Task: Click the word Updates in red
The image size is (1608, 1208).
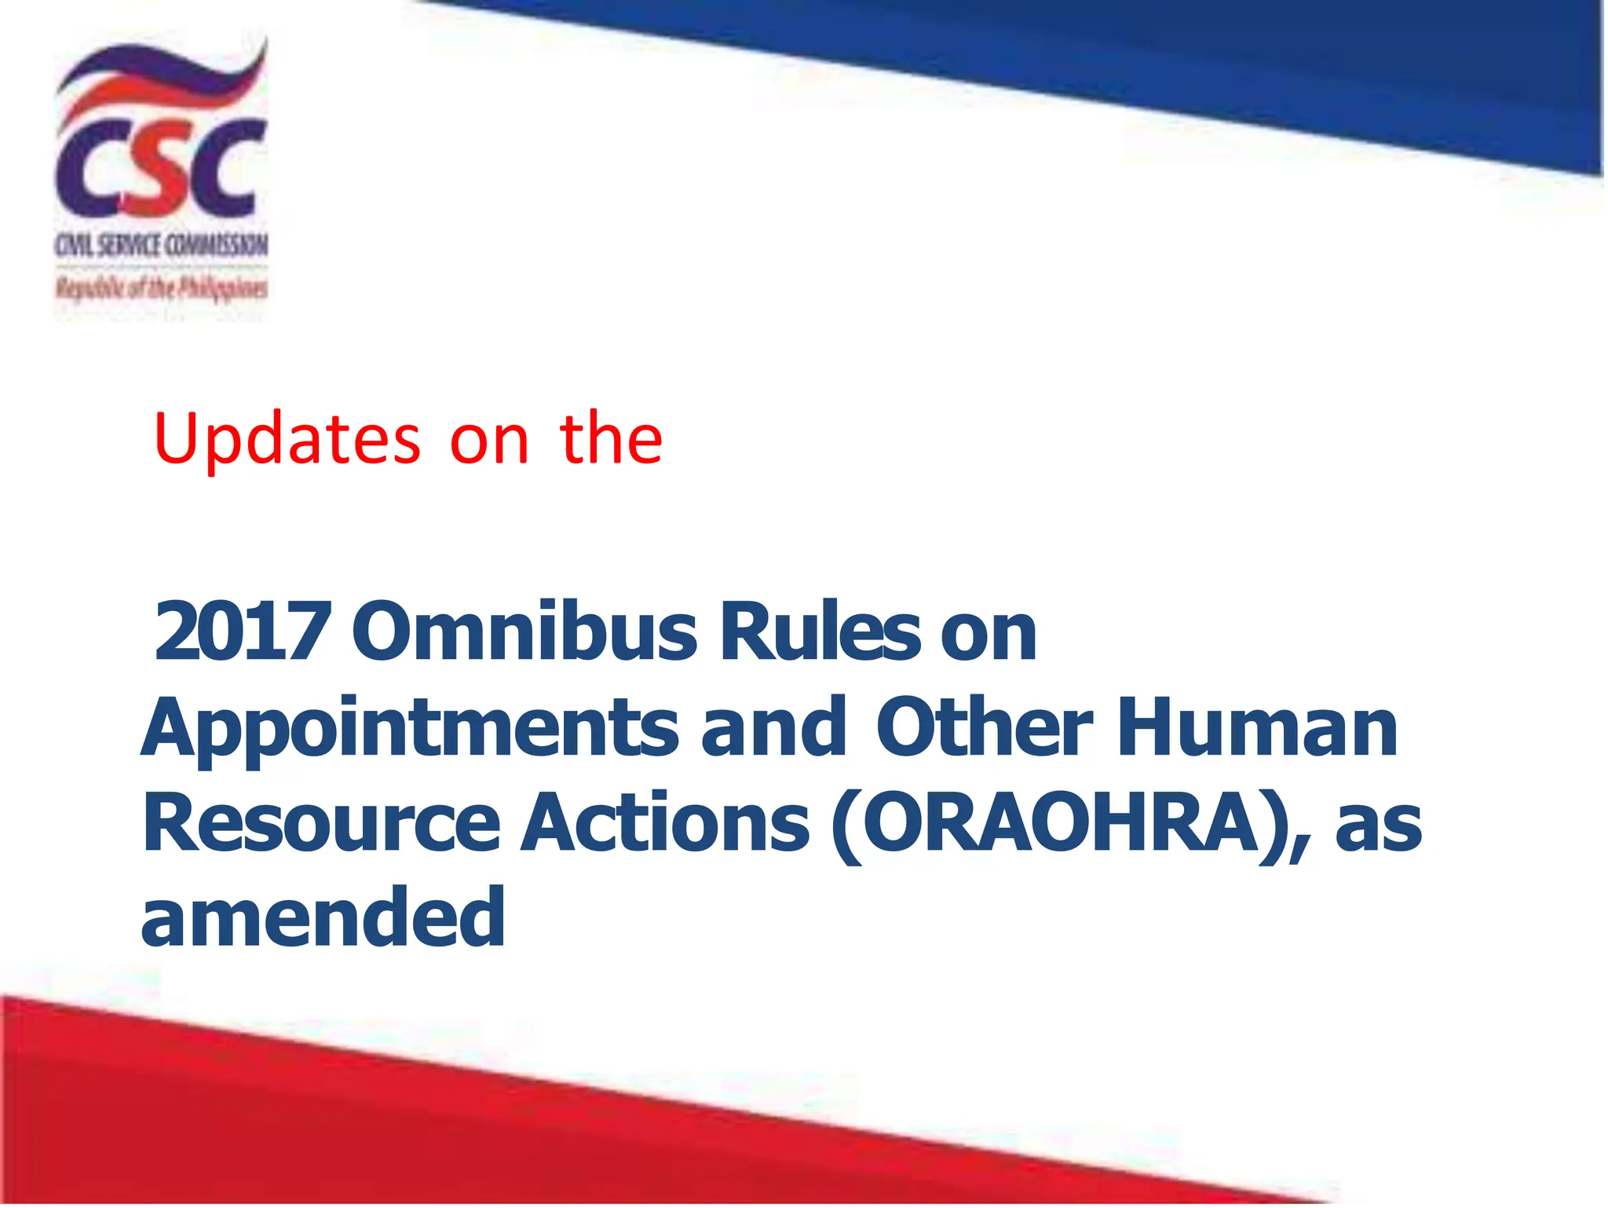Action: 287,439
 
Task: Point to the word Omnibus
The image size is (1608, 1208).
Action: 524,631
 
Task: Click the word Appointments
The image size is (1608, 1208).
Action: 410,730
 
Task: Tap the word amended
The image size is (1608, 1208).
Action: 323,917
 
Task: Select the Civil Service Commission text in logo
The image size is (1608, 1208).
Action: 161,246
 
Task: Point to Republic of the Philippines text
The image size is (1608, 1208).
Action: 161,288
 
